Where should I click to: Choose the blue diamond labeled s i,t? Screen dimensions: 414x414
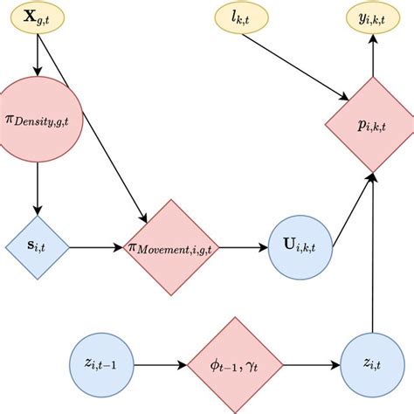click(x=36, y=246)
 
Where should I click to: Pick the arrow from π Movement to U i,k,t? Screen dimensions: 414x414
click(x=245, y=246)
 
